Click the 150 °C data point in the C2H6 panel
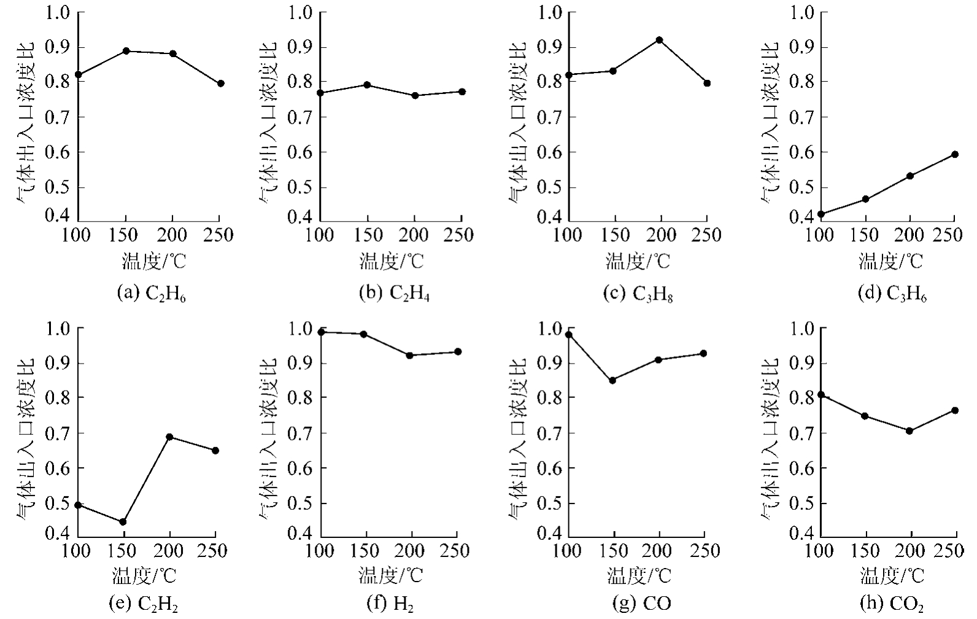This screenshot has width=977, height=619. click(x=126, y=51)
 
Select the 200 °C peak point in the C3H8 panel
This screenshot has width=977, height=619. click(x=659, y=40)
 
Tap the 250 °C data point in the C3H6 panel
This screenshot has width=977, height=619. click(x=954, y=154)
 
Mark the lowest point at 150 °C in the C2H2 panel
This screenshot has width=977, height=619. click(x=123, y=522)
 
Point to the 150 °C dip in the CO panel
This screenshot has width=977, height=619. click(x=612, y=380)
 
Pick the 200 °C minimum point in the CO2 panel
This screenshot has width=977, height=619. click(x=909, y=431)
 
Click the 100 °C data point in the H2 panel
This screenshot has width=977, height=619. click(x=321, y=332)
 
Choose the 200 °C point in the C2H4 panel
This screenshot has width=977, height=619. click(x=415, y=96)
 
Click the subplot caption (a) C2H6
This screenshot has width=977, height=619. click(x=151, y=294)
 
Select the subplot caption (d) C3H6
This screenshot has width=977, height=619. click(x=892, y=294)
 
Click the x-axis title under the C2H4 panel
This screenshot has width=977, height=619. click(x=391, y=262)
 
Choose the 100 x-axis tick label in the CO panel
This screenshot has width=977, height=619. click(x=567, y=551)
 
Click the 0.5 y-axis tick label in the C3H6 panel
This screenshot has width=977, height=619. click(x=801, y=187)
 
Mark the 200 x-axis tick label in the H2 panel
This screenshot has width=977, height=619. click(x=411, y=551)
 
